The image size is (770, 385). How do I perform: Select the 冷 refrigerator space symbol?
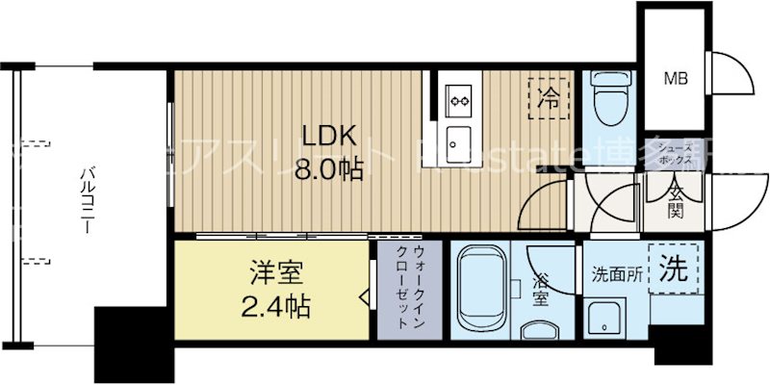[x=549, y=97]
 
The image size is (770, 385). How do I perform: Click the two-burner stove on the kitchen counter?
[x=457, y=96]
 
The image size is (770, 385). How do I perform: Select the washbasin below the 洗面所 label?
[x=604, y=317]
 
